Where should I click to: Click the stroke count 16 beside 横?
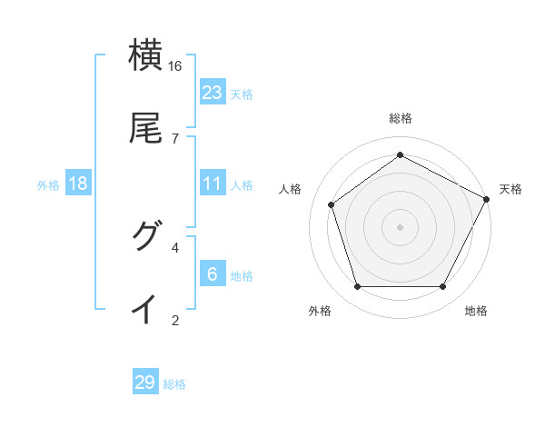[175, 66]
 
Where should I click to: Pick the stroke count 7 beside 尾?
[175, 138]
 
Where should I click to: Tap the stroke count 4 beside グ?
[175, 247]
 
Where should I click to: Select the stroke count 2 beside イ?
[175, 320]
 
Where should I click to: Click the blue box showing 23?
[213, 93]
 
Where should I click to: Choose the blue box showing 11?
[213, 184]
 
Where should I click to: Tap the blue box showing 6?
[213, 274]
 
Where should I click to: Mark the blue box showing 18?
[78, 184]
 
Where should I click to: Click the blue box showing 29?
[145, 382]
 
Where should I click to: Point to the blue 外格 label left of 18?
[48, 185]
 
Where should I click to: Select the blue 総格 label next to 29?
[174, 384]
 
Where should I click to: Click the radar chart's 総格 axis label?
[400, 118]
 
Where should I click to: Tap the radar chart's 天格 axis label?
[510, 189]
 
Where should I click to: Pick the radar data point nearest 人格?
[332, 204]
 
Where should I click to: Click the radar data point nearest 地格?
[442, 287]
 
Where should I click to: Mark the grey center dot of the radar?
[400, 226]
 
